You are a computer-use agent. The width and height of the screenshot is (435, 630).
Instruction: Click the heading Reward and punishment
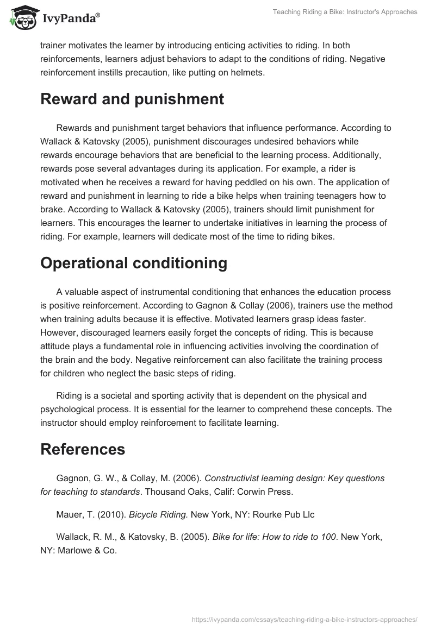[x=132, y=99]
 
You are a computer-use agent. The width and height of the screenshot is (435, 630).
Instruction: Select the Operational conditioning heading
[x=134, y=263]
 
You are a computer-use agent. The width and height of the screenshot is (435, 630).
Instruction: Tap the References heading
[x=83, y=449]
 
